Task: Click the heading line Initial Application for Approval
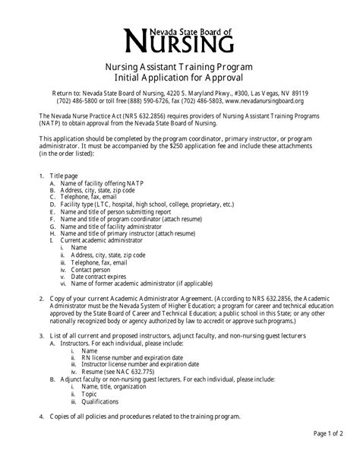[179, 78]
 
